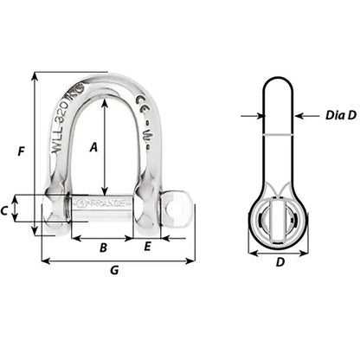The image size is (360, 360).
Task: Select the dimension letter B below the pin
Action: point(103,247)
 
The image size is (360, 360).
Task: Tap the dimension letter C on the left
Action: point(29,210)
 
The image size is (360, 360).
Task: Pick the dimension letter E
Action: point(147,247)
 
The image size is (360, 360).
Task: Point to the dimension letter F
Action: point(22,152)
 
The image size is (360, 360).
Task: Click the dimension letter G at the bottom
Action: point(115,271)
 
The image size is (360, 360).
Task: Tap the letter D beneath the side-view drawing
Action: point(278,263)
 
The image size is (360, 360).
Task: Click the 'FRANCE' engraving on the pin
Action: point(102,204)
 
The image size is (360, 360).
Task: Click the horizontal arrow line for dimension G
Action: point(118,259)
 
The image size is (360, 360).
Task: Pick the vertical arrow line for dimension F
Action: point(35,152)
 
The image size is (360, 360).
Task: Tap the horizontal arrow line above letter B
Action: point(103,237)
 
